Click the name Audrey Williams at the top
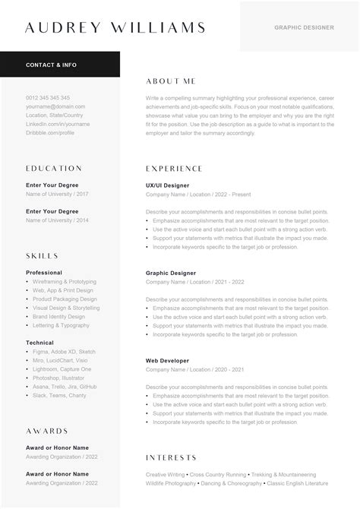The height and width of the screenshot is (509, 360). click(115, 28)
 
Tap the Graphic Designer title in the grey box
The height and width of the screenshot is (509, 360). click(304, 27)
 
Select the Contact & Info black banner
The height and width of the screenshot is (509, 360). click(52, 65)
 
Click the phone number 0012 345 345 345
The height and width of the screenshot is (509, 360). click(48, 98)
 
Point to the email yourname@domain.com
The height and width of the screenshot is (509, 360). click(55, 106)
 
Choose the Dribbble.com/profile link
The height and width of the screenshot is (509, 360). click(50, 132)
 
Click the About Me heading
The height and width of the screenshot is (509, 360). click(170, 81)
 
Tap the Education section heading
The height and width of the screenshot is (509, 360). click(54, 168)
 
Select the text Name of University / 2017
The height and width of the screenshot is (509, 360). click(57, 194)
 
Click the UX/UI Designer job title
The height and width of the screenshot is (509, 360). click(167, 185)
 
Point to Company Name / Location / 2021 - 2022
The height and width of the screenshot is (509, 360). click(195, 281)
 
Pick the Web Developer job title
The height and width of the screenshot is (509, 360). click(168, 360)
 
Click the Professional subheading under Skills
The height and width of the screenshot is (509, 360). click(44, 272)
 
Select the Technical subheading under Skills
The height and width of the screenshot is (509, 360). click(41, 343)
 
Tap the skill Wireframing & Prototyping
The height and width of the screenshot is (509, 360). click(65, 281)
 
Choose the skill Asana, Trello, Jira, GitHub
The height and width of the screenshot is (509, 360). click(65, 386)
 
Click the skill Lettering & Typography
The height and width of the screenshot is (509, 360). click(61, 325)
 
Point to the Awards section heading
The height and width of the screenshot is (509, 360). click(47, 431)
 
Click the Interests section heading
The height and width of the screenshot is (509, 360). click(172, 457)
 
